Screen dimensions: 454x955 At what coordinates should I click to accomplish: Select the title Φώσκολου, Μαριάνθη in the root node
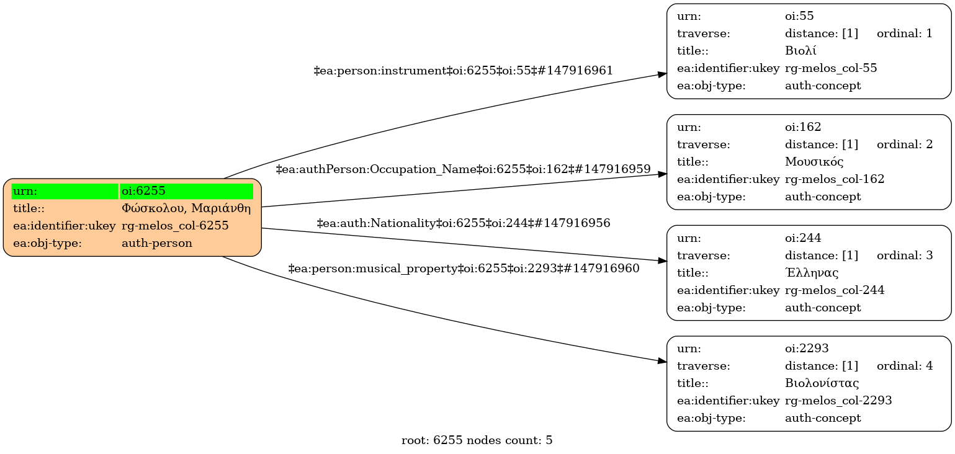pyautogui.click(x=186, y=208)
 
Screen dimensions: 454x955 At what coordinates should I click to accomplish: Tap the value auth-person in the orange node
pyautogui.click(x=157, y=243)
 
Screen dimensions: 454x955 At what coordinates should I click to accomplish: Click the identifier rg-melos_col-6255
pyautogui.click(x=175, y=226)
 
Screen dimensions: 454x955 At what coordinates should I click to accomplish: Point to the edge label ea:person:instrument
pyautogui.click(x=463, y=71)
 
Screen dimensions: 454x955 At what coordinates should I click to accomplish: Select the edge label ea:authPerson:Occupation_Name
pyautogui.click(x=463, y=169)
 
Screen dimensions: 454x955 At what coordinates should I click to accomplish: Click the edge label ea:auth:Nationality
pyautogui.click(x=463, y=223)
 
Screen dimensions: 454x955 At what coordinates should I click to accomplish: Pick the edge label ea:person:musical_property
pyautogui.click(x=463, y=269)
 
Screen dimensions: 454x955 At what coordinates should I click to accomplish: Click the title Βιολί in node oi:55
pyautogui.click(x=800, y=51)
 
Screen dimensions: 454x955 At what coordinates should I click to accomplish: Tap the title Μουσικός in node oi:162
pyautogui.click(x=814, y=162)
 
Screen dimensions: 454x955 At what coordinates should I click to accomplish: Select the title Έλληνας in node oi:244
pyautogui.click(x=812, y=273)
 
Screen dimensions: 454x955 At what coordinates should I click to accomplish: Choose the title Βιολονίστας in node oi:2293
pyautogui.click(x=822, y=383)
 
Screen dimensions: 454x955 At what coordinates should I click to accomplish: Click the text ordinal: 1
pyautogui.click(x=904, y=33)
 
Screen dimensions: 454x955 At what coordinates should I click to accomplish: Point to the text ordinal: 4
pyautogui.click(x=904, y=366)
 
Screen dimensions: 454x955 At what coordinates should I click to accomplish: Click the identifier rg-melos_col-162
pyautogui.click(x=835, y=179)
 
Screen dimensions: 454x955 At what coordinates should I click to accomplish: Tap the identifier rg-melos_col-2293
pyautogui.click(x=838, y=401)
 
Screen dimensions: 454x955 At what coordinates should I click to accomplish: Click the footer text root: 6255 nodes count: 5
pyautogui.click(x=477, y=441)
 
